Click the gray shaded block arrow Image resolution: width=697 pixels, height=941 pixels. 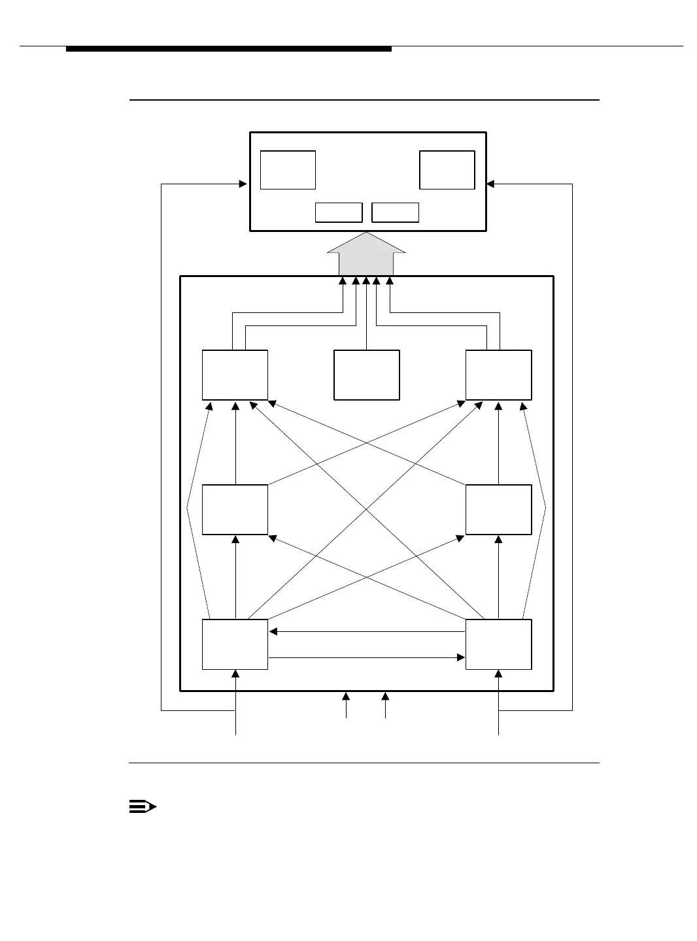point(366,256)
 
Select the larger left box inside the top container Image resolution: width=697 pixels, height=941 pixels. point(288,170)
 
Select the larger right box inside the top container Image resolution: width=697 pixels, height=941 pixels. point(447,170)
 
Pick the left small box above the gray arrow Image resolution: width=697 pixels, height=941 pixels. point(339,212)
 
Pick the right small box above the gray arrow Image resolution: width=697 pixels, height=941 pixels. point(395,212)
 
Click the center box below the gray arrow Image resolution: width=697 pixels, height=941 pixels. point(366,375)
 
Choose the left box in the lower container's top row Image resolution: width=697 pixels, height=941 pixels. point(235,375)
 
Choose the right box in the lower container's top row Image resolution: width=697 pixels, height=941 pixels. point(498,375)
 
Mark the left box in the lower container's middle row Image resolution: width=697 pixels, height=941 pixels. point(235,510)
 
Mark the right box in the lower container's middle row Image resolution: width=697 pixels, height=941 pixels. point(498,510)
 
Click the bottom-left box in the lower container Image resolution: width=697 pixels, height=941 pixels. point(235,644)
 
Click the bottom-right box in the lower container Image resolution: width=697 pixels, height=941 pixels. point(498,644)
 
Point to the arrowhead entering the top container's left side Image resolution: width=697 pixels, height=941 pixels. point(243,184)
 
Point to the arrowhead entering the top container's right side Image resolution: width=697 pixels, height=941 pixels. point(490,184)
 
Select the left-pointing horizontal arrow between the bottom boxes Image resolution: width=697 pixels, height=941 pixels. point(366,632)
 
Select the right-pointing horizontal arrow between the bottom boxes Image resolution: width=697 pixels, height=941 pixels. point(366,657)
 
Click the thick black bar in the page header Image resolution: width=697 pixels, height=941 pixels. point(229,49)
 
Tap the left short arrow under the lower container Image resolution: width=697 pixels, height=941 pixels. point(346,706)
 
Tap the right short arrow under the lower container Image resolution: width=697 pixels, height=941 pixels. point(385,706)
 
